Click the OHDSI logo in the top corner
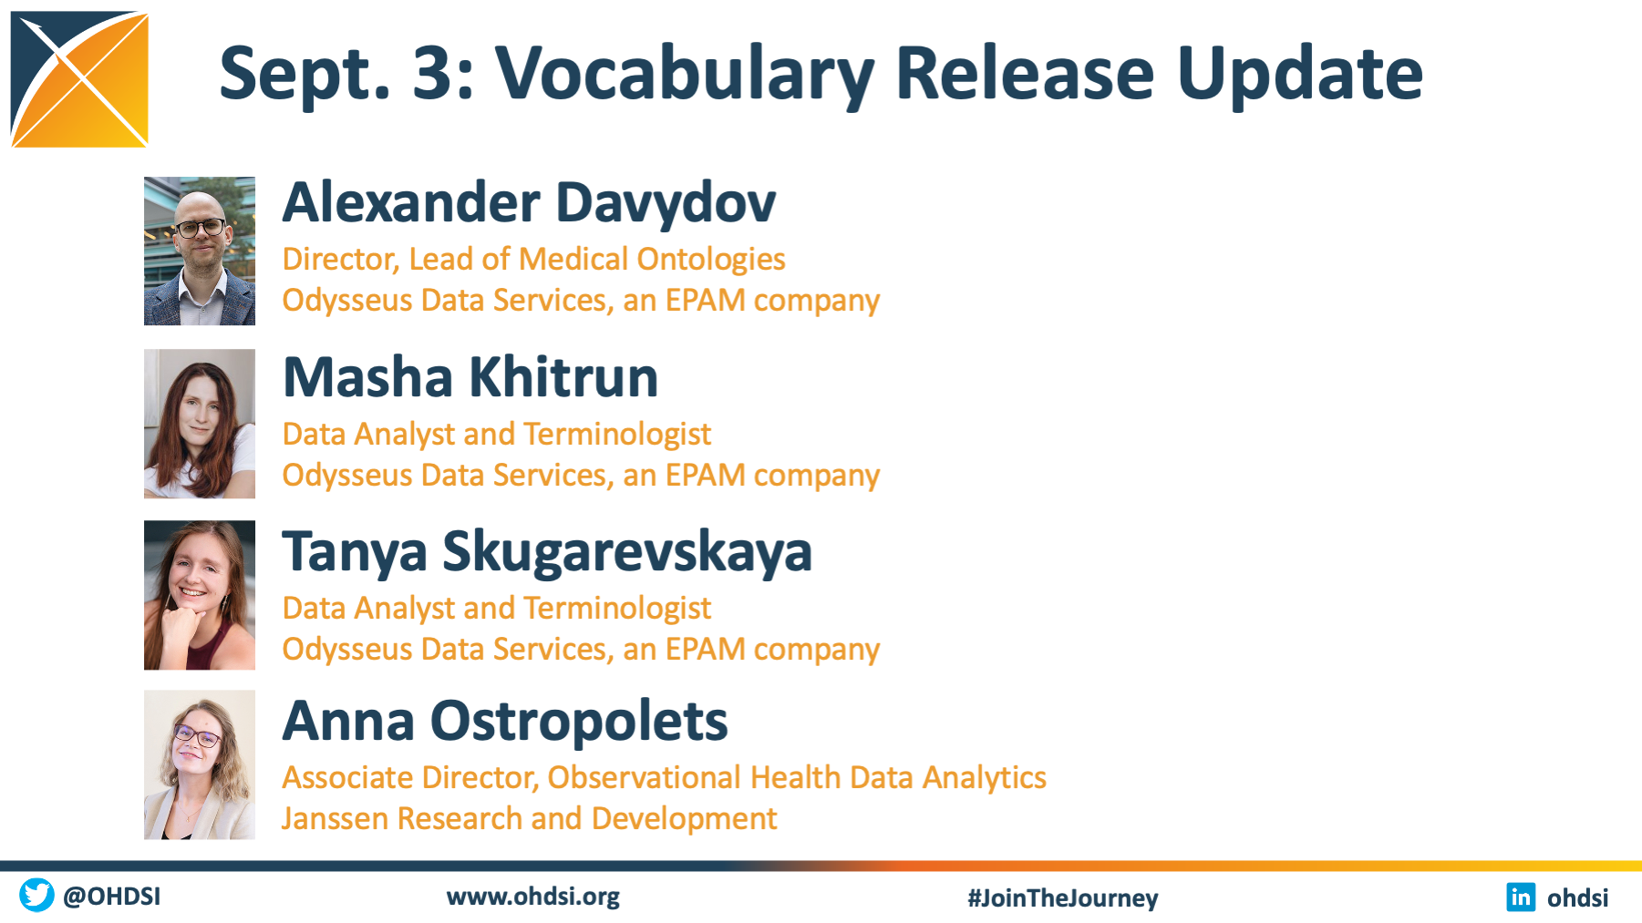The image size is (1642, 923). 79,79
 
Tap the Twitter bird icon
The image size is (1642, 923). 36,895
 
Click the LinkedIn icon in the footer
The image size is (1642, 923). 1521,897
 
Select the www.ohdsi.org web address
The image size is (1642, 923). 533,897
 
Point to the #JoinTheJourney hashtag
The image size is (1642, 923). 1063,897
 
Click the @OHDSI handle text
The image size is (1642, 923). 111,896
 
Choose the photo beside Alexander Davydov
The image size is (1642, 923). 200,251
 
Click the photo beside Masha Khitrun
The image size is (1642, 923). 200,424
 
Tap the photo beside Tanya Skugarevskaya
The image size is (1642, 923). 200,595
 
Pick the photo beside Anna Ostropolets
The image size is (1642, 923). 200,764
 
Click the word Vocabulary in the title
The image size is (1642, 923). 685,75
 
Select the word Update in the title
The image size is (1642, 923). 1300,75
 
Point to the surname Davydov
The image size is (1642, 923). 666,202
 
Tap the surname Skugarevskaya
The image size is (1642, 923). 627,552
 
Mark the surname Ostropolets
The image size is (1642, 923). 579,722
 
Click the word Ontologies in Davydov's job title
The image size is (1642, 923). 711,260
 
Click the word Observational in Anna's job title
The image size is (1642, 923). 644,777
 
